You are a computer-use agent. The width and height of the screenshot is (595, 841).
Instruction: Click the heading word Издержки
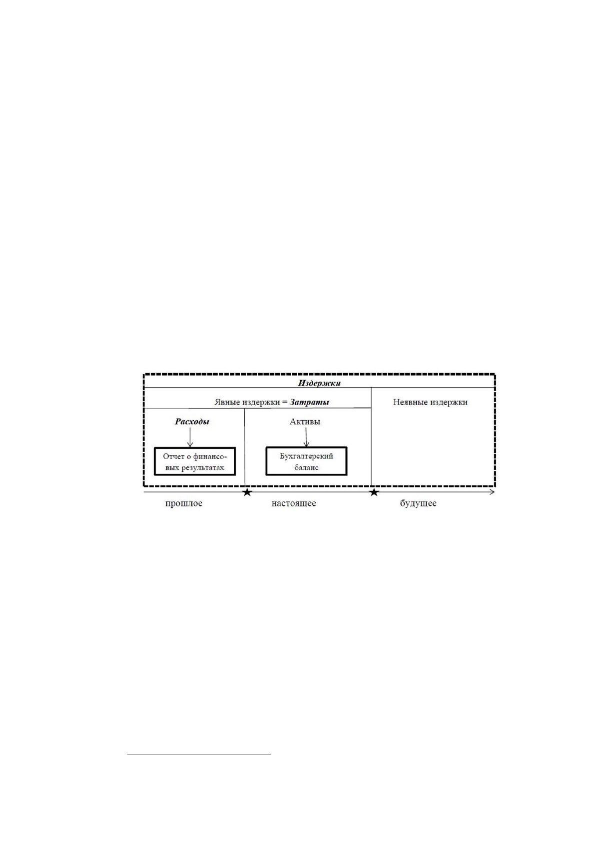click(x=319, y=384)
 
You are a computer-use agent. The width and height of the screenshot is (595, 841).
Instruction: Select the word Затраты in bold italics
click(x=309, y=402)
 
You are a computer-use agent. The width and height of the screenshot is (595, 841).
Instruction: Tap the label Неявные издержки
click(x=430, y=402)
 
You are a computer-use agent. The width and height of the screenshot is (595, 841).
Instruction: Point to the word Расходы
click(x=192, y=421)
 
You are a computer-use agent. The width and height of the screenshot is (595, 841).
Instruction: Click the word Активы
click(x=305, y=421)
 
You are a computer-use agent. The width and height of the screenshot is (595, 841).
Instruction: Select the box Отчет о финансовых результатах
click(x=195, y=461)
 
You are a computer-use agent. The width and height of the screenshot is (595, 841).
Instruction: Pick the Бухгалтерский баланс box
click(x=307, y=461)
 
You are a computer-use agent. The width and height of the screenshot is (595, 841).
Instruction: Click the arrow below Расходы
click(x=190, y=437)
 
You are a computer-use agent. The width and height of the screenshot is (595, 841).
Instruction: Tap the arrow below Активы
click(x=306, y=437)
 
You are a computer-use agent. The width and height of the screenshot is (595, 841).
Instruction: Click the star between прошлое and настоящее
click(x=247, y=492)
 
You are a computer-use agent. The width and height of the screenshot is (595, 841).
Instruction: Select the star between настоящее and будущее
click(x=374, y=492)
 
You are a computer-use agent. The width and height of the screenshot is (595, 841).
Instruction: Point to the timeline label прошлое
click(x=184, y=503)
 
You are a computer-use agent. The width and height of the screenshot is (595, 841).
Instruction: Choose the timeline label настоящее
click(x=294, y=503)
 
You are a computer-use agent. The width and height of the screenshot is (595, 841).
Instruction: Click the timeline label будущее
click(x=418, y=503)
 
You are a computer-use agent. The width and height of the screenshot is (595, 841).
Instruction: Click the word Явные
click(x=227, y=403)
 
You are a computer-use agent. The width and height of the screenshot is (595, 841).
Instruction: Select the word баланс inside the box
click(x=307, y=468)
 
